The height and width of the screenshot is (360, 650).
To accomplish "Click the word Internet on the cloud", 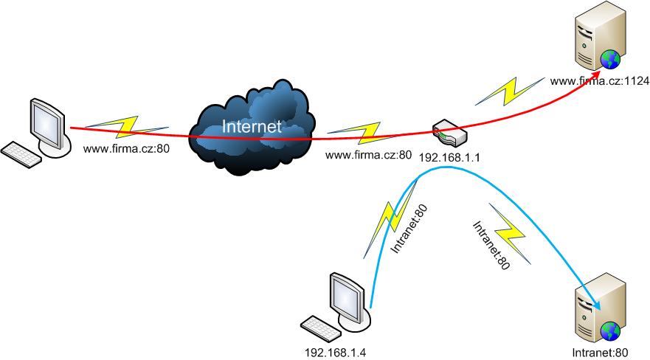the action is (252, 126).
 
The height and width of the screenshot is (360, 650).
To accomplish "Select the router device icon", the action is (450, 133).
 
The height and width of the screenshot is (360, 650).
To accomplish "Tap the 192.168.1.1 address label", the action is (449, 157).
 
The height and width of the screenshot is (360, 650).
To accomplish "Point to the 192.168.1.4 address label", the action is (335, 353).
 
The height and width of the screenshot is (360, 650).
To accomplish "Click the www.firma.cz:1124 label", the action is (599, 81).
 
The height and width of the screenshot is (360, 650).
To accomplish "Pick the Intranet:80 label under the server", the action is (600, 353).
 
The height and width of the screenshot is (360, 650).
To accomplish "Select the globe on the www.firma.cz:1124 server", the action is (610, 59).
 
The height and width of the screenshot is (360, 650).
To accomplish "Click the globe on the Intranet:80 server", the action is (610, 331).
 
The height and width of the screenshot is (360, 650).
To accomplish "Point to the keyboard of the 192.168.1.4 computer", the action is (321, 329).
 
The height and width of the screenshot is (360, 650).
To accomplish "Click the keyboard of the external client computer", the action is (21, 155).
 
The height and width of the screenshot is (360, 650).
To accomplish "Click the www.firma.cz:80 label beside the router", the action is (368, 155).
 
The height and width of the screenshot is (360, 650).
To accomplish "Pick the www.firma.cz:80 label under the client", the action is (126, 148).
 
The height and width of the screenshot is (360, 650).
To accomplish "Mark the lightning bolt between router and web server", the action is (510, 91).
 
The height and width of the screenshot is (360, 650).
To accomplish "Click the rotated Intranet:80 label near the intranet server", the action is (491, 245).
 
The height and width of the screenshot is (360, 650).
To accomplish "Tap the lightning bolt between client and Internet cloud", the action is (126, 126).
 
